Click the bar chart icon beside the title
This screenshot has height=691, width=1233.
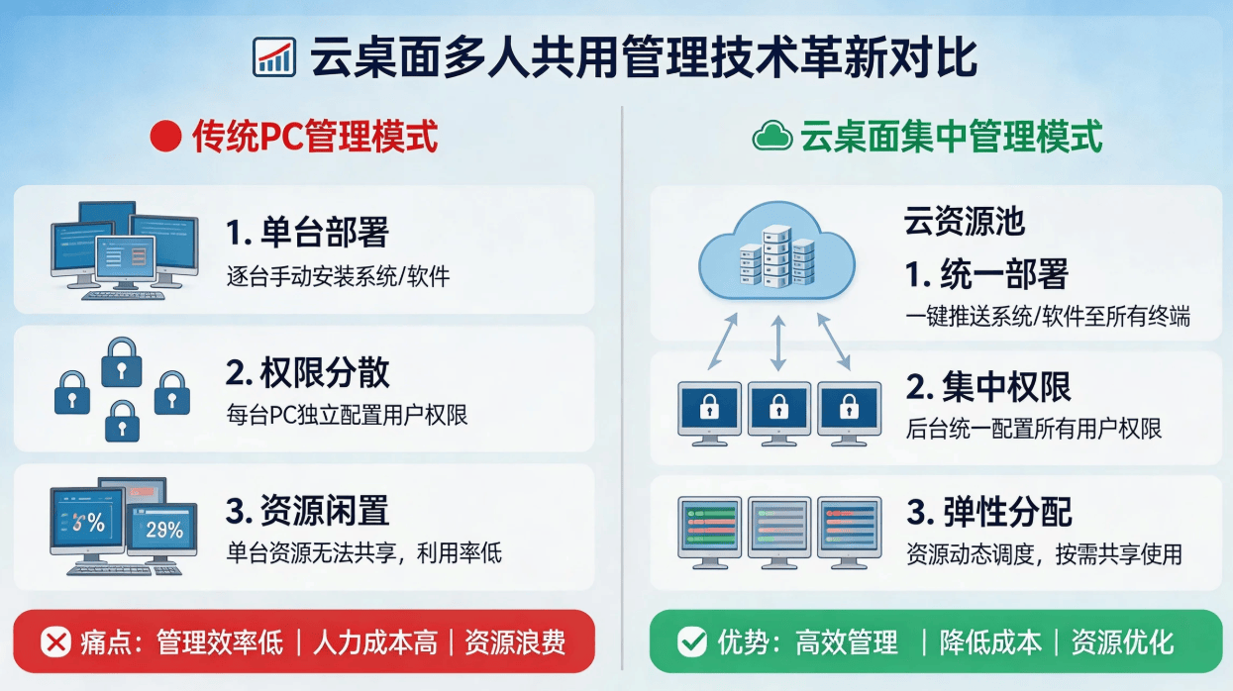pos(274,57)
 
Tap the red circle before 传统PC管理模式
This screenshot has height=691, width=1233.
pos(165,137)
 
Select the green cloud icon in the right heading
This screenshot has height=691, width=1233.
pos(772,136)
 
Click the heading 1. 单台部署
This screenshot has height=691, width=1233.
pos(308,232)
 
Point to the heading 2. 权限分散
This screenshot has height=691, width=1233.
pos(308,372)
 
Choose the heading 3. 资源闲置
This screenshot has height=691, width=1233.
pos(308,511)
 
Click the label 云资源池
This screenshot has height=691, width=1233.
pos(965,221)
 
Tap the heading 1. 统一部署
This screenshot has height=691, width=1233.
pos(987,274)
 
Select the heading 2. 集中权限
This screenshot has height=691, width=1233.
pos(988,387)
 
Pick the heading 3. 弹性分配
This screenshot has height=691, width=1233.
pos(989,512)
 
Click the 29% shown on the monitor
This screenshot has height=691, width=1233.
pos(164,530)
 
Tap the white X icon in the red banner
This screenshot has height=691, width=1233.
pos(56,642)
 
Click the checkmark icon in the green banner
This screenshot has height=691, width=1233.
pos(692,642)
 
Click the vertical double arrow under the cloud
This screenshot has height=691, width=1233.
pos(777,344)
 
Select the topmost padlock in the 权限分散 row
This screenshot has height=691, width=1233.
pos(122,362)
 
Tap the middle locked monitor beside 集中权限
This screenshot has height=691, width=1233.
pos(778,414)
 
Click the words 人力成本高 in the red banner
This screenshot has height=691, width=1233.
pos(375,642)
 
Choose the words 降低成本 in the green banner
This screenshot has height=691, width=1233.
pos(990,642)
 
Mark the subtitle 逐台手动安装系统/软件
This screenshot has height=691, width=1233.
pos(338,276)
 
